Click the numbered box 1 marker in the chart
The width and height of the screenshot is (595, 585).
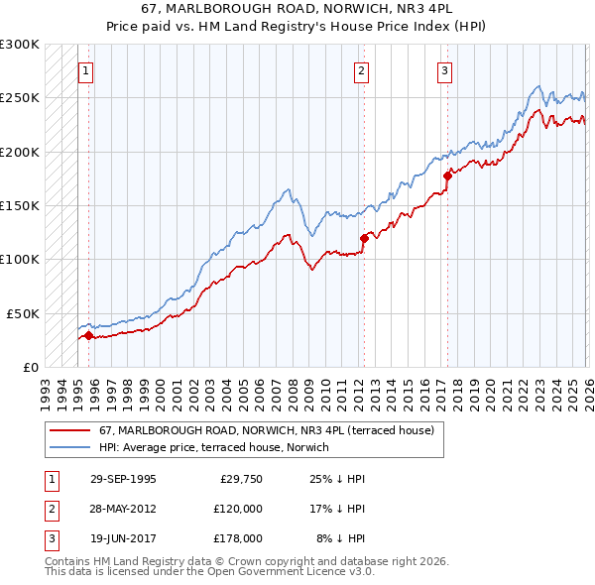[x=85, y=70]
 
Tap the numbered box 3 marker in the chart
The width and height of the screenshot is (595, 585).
[x=444, y=70]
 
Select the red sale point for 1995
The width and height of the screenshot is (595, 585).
[x=89, y=335]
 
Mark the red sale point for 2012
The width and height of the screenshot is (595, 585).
[x=364, y=238]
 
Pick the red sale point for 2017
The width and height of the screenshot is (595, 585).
[x=447, y=175]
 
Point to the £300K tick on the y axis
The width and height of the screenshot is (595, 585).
[x=20, y=45]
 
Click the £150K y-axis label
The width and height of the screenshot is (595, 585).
[x=20, y=205]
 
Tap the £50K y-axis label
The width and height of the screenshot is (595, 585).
[x=24, y=312]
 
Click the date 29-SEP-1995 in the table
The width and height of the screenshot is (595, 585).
[x=123, y=479]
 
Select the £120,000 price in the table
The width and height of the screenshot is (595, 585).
[x=238, y=509]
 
